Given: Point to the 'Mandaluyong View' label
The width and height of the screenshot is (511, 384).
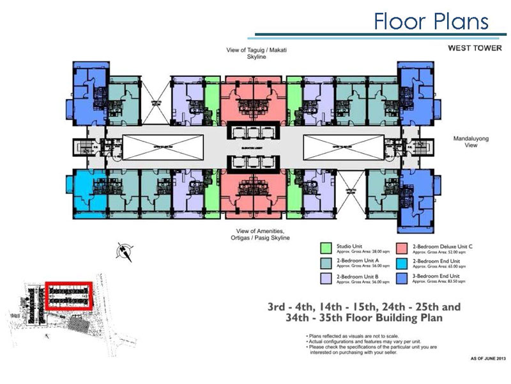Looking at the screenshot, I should tap(471, 141).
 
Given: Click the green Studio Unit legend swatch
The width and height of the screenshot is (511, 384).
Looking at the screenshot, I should tap(326, 248).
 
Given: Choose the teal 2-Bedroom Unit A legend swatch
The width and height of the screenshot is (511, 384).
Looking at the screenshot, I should tap(326, 263).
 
